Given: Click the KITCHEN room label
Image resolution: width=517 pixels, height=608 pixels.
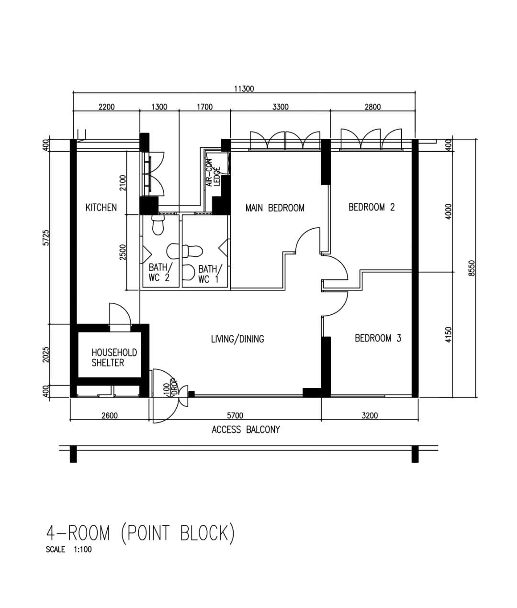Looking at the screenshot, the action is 101,208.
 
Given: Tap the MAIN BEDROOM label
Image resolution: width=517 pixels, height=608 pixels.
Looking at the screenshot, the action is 275,208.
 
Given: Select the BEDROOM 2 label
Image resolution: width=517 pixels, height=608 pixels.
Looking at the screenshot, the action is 371,207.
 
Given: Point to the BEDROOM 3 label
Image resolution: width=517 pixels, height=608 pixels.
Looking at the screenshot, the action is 378,338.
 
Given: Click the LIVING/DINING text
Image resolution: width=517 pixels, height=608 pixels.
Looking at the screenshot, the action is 237,339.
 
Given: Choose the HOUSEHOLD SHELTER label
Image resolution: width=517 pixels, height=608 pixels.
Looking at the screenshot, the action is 114,357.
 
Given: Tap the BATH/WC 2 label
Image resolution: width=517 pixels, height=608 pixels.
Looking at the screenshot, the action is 159,272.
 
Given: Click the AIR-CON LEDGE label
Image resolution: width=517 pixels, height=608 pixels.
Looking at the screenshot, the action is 213,173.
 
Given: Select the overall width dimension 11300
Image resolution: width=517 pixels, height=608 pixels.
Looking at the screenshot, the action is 244,88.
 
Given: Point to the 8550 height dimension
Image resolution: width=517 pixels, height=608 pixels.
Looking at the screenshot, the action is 472,268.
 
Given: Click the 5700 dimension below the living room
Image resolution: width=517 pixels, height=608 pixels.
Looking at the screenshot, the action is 235,415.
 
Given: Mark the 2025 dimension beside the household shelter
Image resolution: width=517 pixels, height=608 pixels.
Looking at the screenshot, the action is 45,354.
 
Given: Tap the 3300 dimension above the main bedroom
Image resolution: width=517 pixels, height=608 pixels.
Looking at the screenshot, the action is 281,107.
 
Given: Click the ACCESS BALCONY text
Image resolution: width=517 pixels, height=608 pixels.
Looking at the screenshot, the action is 246,430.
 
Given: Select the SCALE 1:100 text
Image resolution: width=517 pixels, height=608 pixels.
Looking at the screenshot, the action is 68,549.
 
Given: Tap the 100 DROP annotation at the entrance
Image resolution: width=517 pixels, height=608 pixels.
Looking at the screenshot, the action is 170,388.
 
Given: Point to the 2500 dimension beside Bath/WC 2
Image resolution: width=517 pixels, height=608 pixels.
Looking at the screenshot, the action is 123,252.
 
